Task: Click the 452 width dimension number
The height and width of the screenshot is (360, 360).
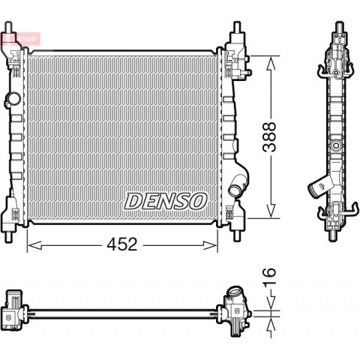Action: pyautogui.click(x=122, y=244)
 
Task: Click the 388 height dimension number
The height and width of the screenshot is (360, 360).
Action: pyautogui.click(x=269, y=137)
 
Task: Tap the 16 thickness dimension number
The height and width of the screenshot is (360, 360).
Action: pyautogui.click(x=269, y=276)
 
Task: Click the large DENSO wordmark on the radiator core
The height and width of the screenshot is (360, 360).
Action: pyautogui.click(x=166, y=201)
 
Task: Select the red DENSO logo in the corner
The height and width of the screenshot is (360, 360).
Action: pyautogui.click(x=20, y=39)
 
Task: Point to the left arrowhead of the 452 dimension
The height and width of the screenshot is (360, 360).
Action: pyautogui.click(x=34, y=245)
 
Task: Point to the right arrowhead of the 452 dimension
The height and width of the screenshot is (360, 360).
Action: pyautogui.click(x=210, y=245)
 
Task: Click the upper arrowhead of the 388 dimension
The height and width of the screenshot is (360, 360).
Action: pyautogui.click(x=271, y=63)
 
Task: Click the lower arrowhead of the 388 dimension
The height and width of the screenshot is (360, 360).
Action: pyautogui.click(x=271, y=211)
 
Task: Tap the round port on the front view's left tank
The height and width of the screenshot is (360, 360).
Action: pyautogui.click(x=13, y=99)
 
